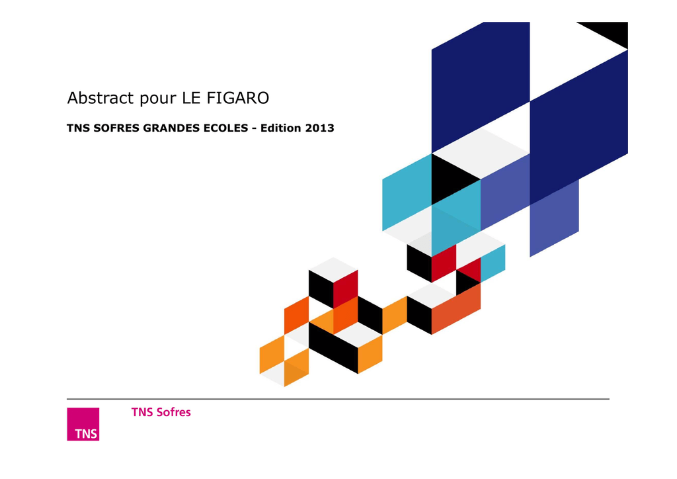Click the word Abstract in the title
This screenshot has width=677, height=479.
pyautogui.click(x=100, y=98)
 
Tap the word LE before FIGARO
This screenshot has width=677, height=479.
pyautogui.click(x=191, y=98)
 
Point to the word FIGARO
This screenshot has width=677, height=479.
pyautogui.click(x=238, y=98)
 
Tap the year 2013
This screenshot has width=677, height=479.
pyautogui.click(x=320, y=128)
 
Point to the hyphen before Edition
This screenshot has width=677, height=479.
pyautogui.click(x=255, y=129)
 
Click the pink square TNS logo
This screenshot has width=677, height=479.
pyautogui.click(x=83, y=424)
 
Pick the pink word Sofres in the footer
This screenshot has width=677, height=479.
pyautogui.click(x=174, y=412)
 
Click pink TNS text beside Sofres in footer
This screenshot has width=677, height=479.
pyautogui.click(x=143, y=412)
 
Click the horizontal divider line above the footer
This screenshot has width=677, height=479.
pyautogui.click(x=338, y=399)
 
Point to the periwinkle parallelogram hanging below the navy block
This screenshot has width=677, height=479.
pyautogui.click(x=555, y=218)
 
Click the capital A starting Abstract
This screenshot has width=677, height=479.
pyautogui.click(x=73, y=98)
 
